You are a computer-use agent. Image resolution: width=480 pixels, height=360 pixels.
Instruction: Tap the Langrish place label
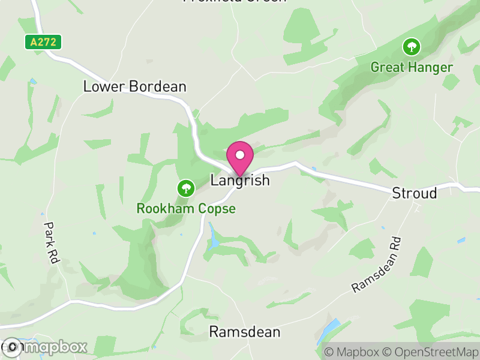pyautogui.click(x=240, y=181)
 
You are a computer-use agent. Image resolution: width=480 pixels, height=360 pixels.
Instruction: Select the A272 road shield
pyautogui.click(x=43, y=42)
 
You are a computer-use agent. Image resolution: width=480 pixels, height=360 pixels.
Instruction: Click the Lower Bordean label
pyautogui.click(x=134, y=86)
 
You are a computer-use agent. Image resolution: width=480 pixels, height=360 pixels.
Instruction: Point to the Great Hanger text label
pyautogui.click(x=411, y=67)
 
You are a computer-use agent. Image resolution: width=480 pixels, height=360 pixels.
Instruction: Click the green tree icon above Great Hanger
pyautogui.click(x=412, y=46)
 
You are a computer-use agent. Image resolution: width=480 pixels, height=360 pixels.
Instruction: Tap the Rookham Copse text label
pyautogui.click(x=186, y=209)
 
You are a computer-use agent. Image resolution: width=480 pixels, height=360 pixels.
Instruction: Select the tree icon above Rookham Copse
pyautogui.click(x=186, y=188)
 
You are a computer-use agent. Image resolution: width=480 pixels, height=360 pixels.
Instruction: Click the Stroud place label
pyautogui.click(x=415, y=193)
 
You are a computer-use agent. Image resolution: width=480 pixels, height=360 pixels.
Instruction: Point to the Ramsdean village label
pyautogui.click(x=244, y=332)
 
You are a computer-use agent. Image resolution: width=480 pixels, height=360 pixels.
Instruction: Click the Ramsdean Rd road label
pyautogui.click(x=376, y=264)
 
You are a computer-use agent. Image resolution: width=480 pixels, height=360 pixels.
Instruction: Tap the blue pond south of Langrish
pyautogui.click(x=214, y=237)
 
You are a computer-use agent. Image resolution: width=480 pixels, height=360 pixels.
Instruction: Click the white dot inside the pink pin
pyautogui.click(x=240, y=155)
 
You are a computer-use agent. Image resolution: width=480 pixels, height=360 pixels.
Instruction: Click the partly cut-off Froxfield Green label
pyautogui.click(x=235, y=1)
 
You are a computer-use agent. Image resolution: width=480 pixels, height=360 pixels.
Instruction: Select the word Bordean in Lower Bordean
pyautogui.click(x=158, y=86)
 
